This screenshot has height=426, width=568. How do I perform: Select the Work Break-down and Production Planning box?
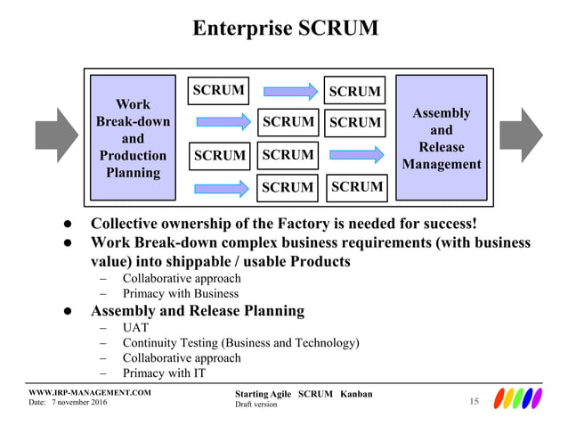click(x=133, y=138)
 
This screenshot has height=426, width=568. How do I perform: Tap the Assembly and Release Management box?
click(x=441, y=138)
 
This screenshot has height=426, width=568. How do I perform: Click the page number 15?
click(x=474, y=403)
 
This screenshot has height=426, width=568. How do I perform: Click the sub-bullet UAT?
click(x=136, y=327)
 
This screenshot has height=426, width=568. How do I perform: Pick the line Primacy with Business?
click(x=180, y=293)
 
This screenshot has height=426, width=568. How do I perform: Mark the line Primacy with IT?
click(x=164, y=373)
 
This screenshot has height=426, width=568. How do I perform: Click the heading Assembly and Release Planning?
click(x=198, y=311)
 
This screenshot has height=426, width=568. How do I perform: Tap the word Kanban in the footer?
click(x=355, y=394)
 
